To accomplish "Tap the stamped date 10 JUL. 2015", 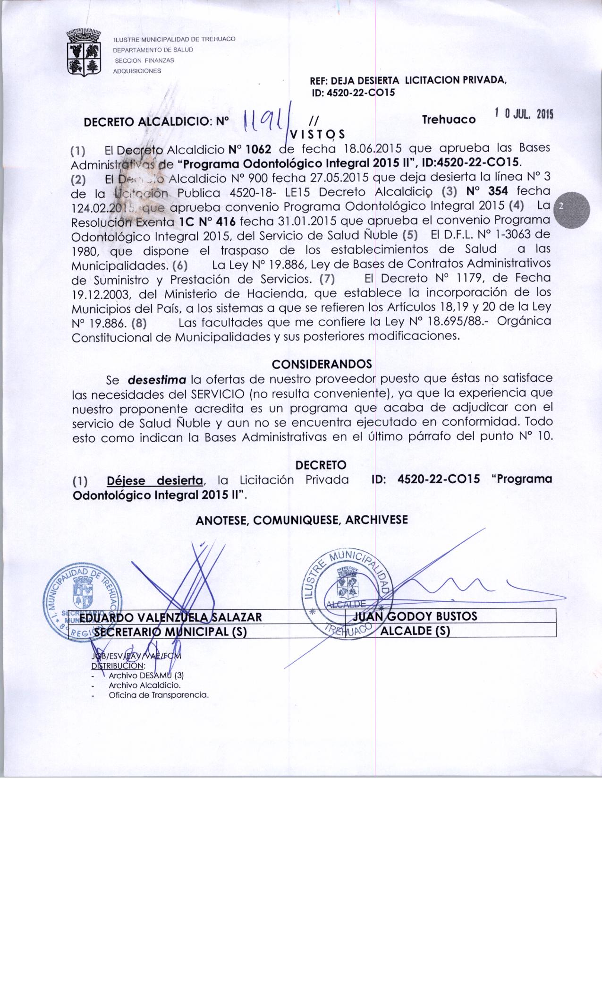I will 524,114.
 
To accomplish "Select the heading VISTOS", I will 318,134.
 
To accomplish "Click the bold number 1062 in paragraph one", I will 249,150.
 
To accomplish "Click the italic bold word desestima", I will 157,379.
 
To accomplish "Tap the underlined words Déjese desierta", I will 155,480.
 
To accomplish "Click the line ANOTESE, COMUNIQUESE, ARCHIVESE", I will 301,520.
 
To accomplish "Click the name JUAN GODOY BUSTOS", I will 415,616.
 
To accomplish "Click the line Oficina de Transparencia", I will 159,695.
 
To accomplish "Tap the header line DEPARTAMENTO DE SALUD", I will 153,50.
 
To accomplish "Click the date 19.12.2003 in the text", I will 102,294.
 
